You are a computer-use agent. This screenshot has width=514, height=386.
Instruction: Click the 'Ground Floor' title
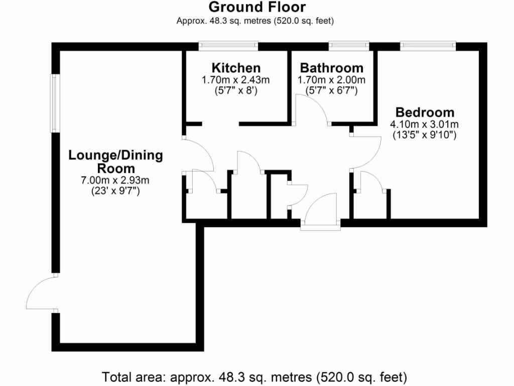(x=256, y=7)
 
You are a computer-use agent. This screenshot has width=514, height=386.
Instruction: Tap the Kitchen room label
(x=235, y=68)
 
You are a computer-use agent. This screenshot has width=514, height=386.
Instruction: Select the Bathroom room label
(x=331, y=68)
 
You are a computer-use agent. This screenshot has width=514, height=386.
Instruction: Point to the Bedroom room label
(x=424, y=112)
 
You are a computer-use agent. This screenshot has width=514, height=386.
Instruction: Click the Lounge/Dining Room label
(x=115, y=162)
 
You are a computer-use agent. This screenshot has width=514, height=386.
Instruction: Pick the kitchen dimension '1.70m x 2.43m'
(x=235, y=80)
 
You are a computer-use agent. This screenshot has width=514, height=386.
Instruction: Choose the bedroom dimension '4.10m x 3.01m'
(x=424, y=124)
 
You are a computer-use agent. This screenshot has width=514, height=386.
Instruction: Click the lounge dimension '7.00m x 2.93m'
(x=115, y=180)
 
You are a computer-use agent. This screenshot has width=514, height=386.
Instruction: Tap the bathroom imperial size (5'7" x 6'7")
(x=331, y=91)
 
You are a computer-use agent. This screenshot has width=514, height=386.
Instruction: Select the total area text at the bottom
(x=254, y=376)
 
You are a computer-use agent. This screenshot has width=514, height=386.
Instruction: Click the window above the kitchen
(x=228, y=46)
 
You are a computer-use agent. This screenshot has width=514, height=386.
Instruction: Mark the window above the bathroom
(x=348, y=46)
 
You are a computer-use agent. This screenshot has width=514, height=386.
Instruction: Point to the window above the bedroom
(x=428, y=46)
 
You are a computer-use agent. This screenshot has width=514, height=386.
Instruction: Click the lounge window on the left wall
(x=55, y=104)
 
